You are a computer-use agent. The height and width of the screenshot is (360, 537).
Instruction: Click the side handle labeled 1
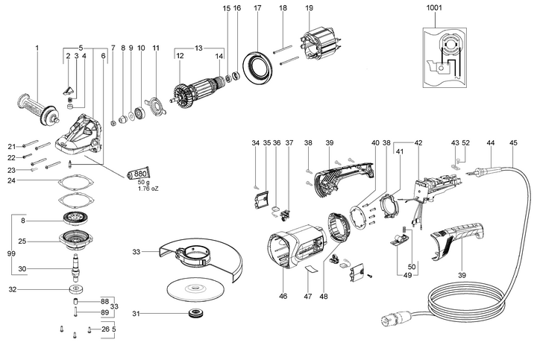(x=38, y=110)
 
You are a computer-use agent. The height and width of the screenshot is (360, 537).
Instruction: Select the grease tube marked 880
(x=139, y=174)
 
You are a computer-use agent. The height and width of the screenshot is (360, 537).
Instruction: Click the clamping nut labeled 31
(x=195, y=313)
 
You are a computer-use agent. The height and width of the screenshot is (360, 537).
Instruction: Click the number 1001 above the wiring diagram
(x=434, y=7)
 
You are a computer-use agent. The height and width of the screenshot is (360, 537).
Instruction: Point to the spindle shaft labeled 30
(x=75, y=268)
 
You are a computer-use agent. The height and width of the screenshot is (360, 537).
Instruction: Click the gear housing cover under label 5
(x=79, y=135)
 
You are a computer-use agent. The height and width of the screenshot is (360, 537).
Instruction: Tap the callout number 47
(x=308, y=296)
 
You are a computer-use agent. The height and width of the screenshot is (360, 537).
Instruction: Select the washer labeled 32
(x=76, y=289)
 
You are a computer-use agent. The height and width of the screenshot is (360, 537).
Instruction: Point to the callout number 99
(x=11, y=253)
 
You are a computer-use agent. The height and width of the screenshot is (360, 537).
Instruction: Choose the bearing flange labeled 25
(x=76, y=241)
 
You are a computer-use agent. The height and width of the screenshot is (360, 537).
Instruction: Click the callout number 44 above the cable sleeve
(x=491, y=142)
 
